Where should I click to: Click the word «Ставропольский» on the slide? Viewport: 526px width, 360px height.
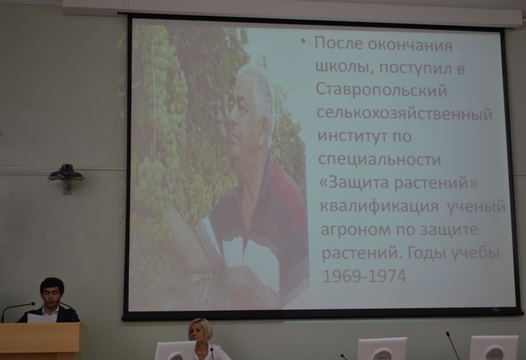[x=381, y=90]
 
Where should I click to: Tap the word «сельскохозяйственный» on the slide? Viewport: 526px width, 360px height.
[x=404, y=114]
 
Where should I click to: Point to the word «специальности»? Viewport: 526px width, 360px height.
[x=379, y=160]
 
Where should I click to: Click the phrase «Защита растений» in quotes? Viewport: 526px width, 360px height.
[x=398, y=183]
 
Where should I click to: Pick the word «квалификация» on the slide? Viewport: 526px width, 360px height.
[x=379, y=206]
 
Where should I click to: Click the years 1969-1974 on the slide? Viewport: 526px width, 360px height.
[x=364, y=276]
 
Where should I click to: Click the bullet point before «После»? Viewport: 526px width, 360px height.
[x=304, y=41]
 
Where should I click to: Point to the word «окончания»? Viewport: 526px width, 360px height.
[x=410, y=45]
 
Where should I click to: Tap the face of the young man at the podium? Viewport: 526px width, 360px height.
[x=51, y=295]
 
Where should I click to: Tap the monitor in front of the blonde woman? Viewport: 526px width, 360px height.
[x=174, y=351]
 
